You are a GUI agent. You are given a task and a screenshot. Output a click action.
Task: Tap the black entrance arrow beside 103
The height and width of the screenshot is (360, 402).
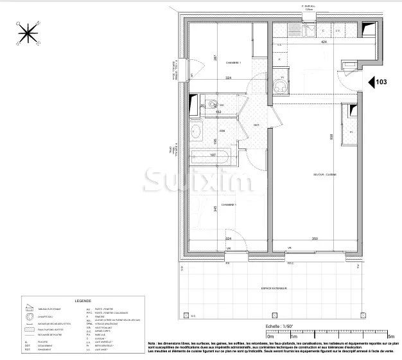pyautogui.click(x=372, y=82)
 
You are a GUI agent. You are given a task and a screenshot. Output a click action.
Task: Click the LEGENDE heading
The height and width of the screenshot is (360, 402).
pyautogui.click(x=83, y=301)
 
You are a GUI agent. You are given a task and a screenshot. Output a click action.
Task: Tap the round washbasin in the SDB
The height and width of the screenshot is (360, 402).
pyautogui.click(x=196, y=132)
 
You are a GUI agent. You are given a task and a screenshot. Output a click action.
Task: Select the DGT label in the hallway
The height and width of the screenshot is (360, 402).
pyautogui.click(x=256, y=125)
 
